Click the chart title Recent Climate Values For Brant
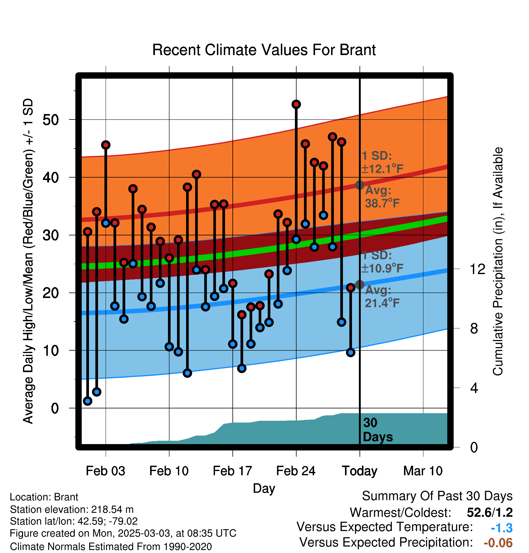(264, 50)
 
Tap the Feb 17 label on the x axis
(232, 471)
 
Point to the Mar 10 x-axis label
(423, 471)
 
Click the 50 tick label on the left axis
(51, 120)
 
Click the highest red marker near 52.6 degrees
(296, 104)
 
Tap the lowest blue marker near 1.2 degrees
(87, 401)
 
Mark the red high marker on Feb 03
(106, 145)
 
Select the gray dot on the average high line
(360, 185)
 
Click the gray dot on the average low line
(360, 285)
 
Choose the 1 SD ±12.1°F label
(383, 162)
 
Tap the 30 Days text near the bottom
(378, 430)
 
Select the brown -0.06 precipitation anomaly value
(498, 543)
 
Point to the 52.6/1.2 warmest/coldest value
(490, 512)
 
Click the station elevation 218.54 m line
(72, 509)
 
